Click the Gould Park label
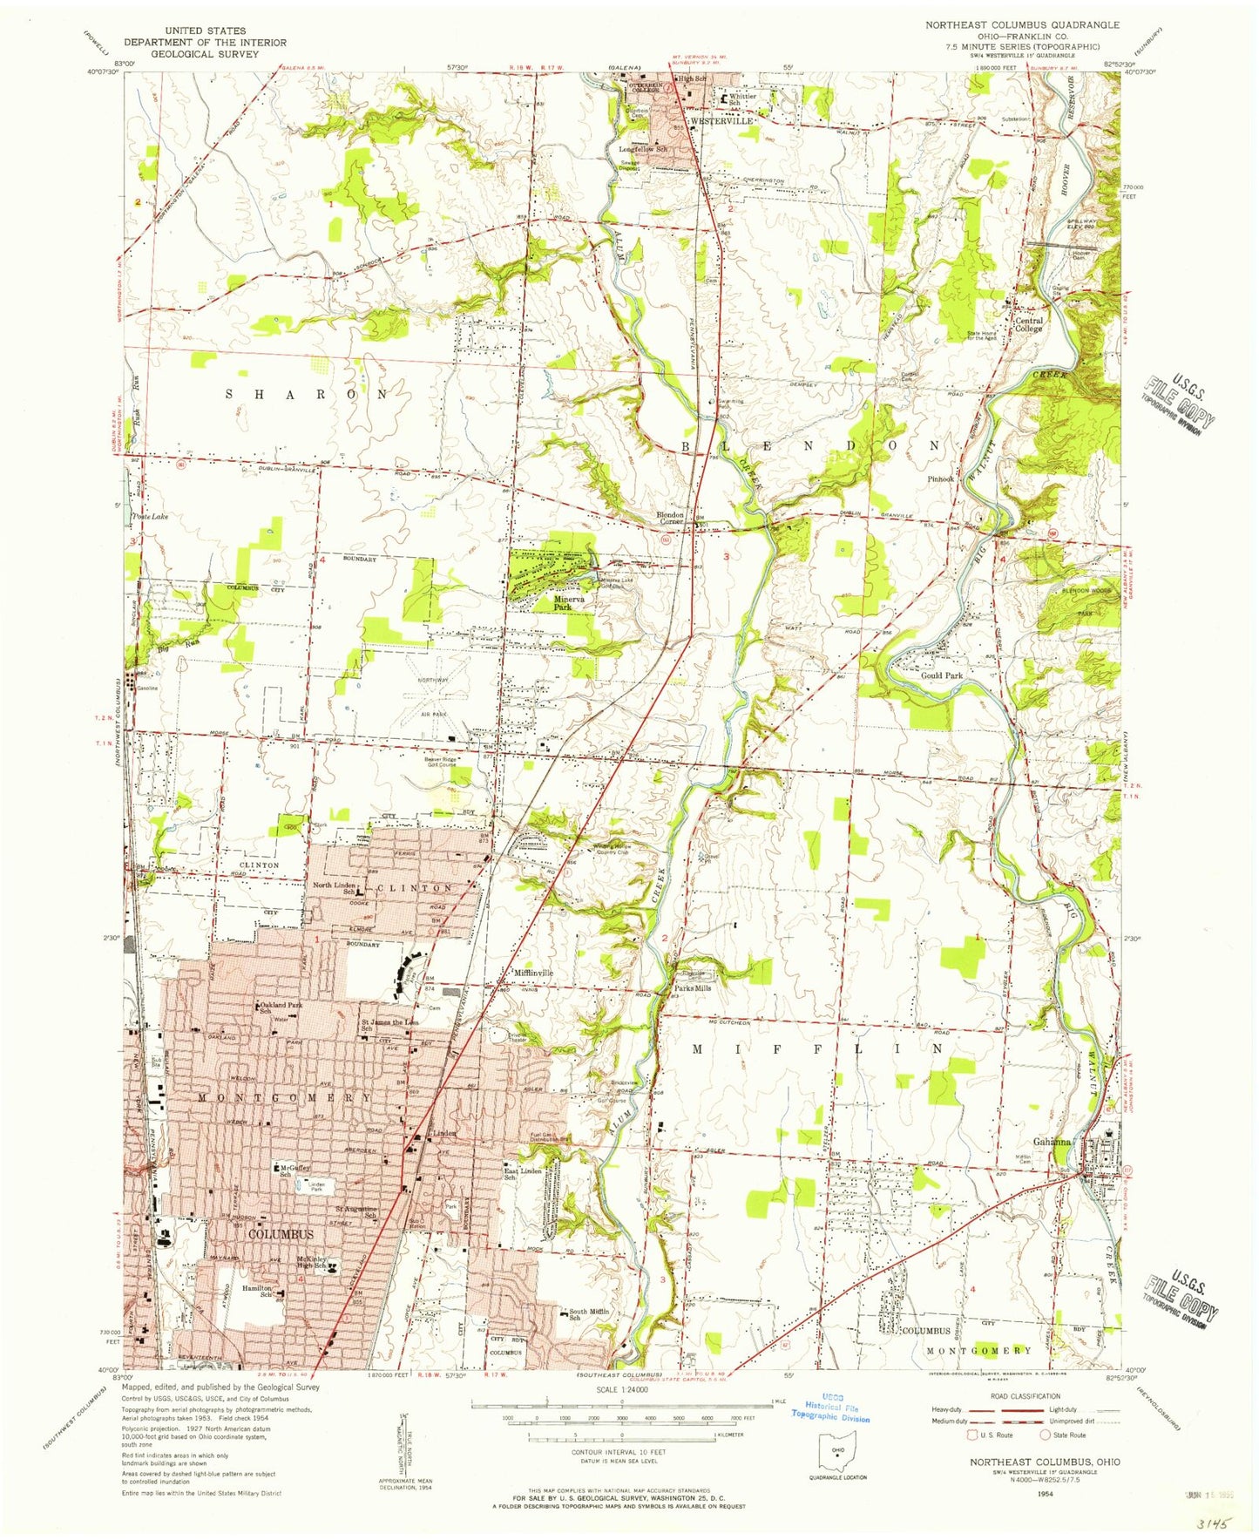942,675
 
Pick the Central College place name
1029,324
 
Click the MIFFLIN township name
817,1049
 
